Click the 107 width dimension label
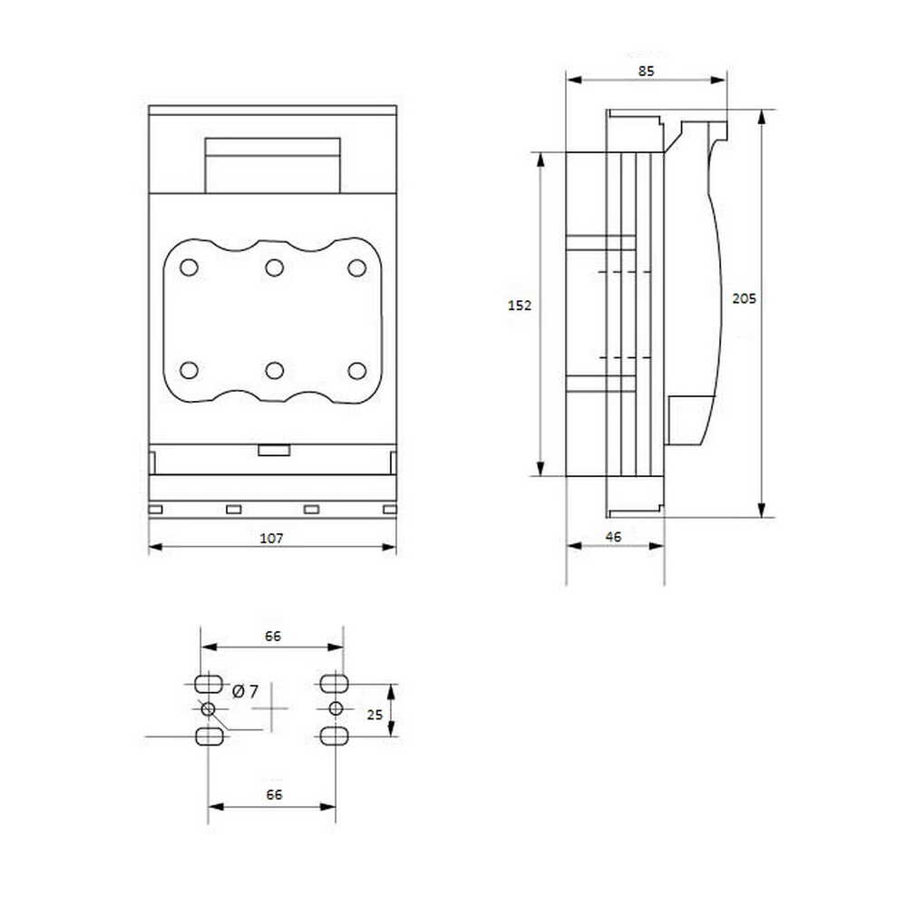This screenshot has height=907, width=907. [271, 538]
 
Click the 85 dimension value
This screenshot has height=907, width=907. [646, 71]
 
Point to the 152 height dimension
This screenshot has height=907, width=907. [520, 305]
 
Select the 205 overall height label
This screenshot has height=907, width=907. [744, 298]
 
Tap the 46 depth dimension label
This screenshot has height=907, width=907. [613, 537]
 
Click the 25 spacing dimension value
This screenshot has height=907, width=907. [375, 715]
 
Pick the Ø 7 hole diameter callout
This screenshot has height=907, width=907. [245, 690]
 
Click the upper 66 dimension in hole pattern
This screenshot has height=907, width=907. [273, 637]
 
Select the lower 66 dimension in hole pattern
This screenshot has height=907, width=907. [274, 795]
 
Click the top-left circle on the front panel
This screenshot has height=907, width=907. [190, 268]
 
